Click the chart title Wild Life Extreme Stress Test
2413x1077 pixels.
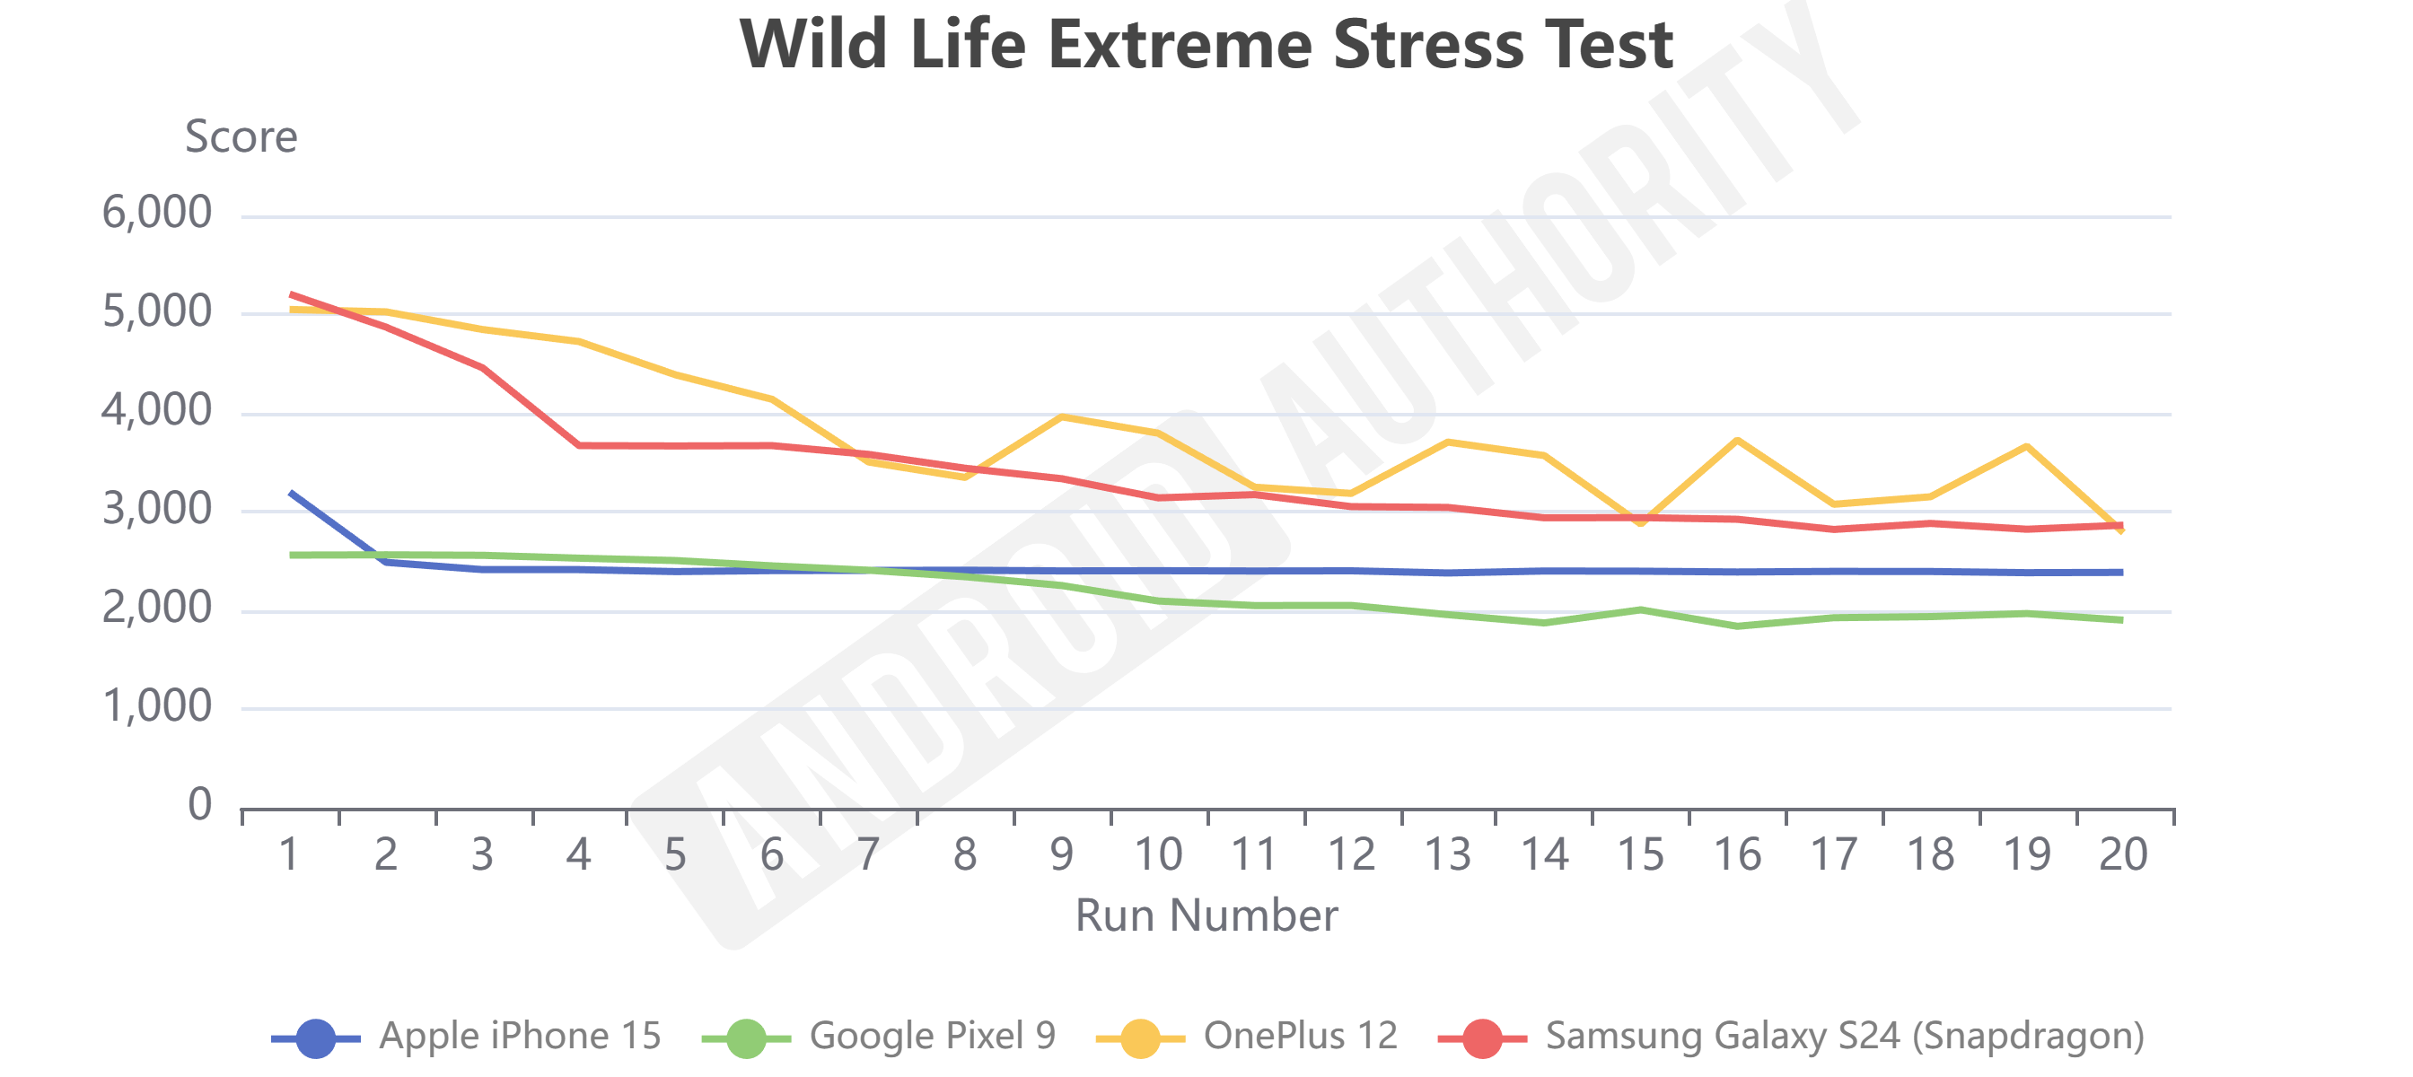coord(1206,45)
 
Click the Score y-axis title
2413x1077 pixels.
coord(241,136)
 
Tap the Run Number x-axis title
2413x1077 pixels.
coord(1206,915)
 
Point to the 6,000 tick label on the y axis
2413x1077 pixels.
coord(156,214)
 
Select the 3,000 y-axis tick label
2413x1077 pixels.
coord(156,510)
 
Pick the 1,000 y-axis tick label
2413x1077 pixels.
coord(156,707)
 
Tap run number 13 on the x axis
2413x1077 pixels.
coord(1447,854)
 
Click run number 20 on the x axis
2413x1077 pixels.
coord(2123,854)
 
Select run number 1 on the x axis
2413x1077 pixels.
coord(289,854)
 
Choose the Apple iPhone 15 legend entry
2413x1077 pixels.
coord(520,1036)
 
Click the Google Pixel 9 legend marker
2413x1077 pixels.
coord(746,1038)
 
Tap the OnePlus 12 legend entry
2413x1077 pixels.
coord(1300,1036)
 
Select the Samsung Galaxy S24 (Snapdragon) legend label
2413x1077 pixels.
coord(1844,1036)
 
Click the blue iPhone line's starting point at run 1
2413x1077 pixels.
coord(292,493)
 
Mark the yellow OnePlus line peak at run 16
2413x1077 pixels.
coord(1738,439)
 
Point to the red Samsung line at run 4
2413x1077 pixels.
coord(580,445)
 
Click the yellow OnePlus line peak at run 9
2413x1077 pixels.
coord(1062,416)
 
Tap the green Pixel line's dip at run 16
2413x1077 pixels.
coord(1738,626)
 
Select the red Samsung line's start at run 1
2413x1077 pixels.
coord(292,294)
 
